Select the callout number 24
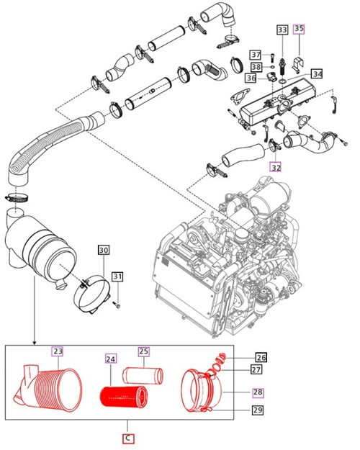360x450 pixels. (110, 357)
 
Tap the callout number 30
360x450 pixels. (104, 250)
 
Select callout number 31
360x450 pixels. (117, 276)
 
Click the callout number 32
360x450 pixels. (276, 166)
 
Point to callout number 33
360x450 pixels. (282, 30)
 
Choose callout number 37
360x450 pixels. (256, 55)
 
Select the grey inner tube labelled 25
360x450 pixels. (143, 377)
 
